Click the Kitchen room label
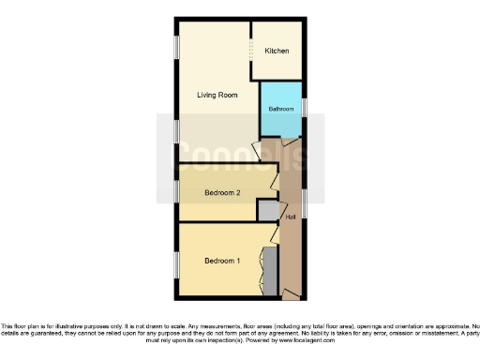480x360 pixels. pyautogui.click(x=277, y=50)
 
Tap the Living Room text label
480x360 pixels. pyautogui.click(x=217, y=96)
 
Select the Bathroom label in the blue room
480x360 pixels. pyautogui.click(x=280, y=110)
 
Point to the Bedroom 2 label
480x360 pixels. pyautogui.click(x=223, y=193)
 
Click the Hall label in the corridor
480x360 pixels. pyautogui.click(x=291, y=217)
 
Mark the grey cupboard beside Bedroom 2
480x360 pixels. pyautogui.click(x=268, y=211)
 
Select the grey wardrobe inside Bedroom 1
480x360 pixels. pyautogui.click(x=270, y=270)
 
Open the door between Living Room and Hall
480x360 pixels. pyautogui.click(x=257, y=150)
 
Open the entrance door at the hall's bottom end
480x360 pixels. pyautogui.click(x=292, y=295)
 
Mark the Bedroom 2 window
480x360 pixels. pyautogui.click(x=175, y=192)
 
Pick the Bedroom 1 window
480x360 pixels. pyautogui.click(x=175, y=263)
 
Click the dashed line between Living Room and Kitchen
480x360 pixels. pyautogui.click(x=251, y=49)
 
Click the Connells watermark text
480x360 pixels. pyautogui.click(x=240, y=152)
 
